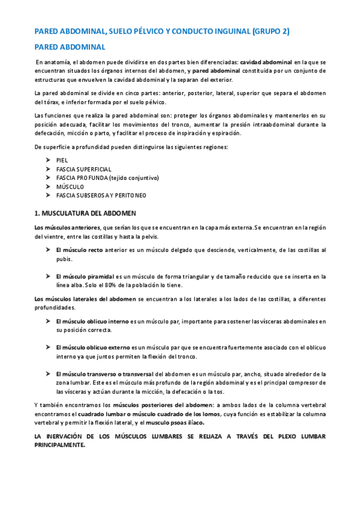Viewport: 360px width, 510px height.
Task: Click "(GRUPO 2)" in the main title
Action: pyautogui.click(x=270, y=31)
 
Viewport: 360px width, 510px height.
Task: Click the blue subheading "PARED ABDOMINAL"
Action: pyautogui.click(x=70, y=47)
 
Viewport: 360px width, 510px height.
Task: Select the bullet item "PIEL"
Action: pyautogui.click(x=62, y=161)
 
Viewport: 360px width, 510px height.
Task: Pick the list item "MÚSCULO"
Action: pyautogui.click(x=70, y=187)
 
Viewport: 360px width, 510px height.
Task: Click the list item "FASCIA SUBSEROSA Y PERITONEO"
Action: pyautogui.click(x=101, y=195)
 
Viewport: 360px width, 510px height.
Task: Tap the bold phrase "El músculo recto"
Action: pyautogui.click(x=79, y=250)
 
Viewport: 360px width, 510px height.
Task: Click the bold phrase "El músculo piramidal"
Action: pyautogui.click(x=85, y=277)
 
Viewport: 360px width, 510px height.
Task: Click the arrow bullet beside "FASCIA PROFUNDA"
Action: pyautogui.click(x=47, y=178)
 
